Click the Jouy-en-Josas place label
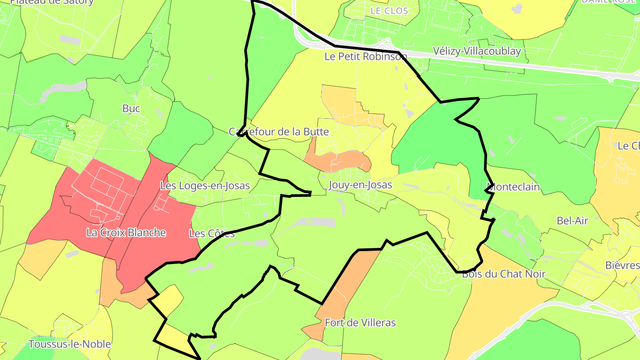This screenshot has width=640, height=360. (x=360, y=184)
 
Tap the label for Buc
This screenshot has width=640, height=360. (x=131, y=108)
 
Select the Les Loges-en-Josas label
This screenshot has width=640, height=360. (x=205, y=186)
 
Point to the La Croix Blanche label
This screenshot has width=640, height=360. (x=126, y=232)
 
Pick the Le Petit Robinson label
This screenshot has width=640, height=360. (x=365, y=56)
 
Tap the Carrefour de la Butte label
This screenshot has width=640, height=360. (x=279, y=132)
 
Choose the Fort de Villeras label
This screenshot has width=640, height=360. (x=360, y=323)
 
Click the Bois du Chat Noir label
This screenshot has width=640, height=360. (x=504, y=274)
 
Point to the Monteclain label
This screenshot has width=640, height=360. (x=513, y=187)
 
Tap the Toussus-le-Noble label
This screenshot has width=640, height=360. (x=70, y=344)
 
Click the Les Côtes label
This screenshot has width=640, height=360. (x=212, y=233)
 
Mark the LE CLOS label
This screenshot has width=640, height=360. (x=389, y=11)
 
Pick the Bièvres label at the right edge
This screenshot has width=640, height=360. (x=622, y=265)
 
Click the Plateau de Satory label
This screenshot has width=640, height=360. (x=52, y=2)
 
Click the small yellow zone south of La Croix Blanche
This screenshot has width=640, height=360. (x=168, y=299)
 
